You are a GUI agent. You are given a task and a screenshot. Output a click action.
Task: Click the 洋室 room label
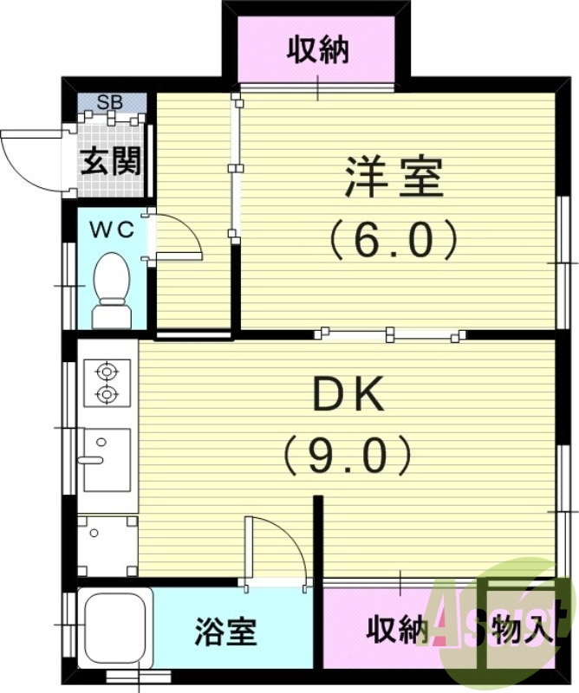394,178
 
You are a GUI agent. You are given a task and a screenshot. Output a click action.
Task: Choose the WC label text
113,230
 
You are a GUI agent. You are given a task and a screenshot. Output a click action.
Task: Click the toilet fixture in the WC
111,288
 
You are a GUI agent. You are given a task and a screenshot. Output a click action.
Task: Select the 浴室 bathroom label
225,631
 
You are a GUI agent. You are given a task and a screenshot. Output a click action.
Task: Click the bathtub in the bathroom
114,627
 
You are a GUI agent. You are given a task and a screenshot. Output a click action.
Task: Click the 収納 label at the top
318,49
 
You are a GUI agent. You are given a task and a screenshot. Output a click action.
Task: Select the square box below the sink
107,546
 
